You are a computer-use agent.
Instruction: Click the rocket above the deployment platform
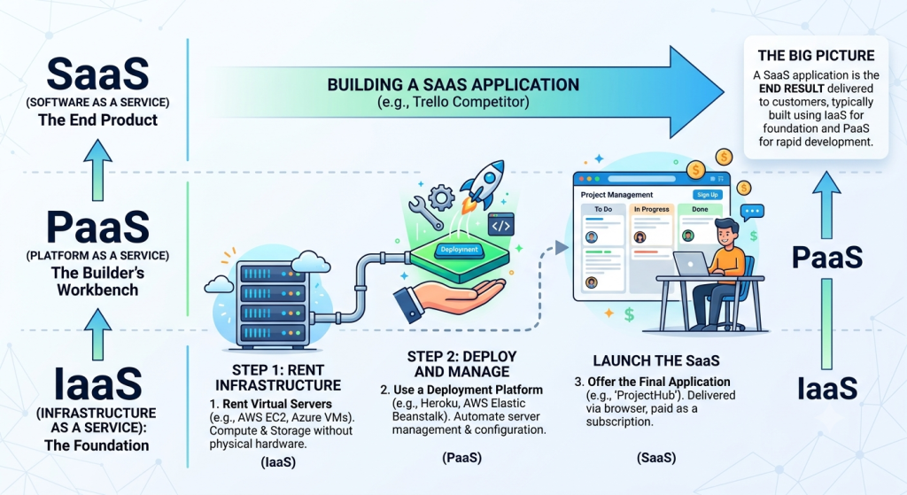481,184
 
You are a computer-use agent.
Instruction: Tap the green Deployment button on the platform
460,250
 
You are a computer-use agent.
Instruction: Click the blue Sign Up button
708,195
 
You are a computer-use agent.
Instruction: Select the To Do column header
602,209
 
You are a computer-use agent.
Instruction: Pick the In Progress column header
651,209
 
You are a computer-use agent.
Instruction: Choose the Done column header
700,209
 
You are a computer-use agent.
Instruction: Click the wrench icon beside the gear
425,213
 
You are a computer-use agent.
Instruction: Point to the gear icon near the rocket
441,197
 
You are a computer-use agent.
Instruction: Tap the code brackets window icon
501,226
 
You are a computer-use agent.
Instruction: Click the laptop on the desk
691,264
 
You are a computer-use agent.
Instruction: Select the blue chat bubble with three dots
752,212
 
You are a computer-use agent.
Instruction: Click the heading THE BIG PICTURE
816,56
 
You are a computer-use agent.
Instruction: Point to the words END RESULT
791,89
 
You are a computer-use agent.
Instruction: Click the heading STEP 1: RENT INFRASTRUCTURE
278,377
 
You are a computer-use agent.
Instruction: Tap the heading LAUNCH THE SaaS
656,360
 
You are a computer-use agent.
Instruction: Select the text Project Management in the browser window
616,195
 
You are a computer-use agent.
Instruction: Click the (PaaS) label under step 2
461,458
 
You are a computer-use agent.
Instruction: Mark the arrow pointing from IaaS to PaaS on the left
97,334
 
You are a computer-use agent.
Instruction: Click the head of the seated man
726,232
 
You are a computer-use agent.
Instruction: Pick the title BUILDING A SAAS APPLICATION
453,84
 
